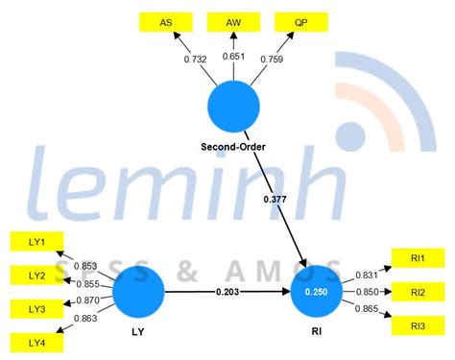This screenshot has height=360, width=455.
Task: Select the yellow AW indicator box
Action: pos(234,21)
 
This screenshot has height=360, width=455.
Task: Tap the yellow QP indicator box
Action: pos(299,21)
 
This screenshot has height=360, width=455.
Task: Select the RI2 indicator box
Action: pos(418,293)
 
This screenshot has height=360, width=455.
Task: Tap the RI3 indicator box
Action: pos(418,326)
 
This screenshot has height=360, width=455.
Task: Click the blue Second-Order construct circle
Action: pos(233,108)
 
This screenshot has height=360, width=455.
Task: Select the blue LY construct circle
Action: pos(138,293)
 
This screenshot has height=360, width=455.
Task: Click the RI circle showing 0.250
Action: pos(323,293)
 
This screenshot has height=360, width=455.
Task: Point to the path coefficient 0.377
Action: pos(274,199)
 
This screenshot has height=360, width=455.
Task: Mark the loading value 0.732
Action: pos(196,60)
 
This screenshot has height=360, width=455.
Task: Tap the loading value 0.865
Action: pos(366,310)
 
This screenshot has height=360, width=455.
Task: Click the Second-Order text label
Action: pos(233,147)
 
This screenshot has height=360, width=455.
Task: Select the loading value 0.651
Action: pos(233,57)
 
